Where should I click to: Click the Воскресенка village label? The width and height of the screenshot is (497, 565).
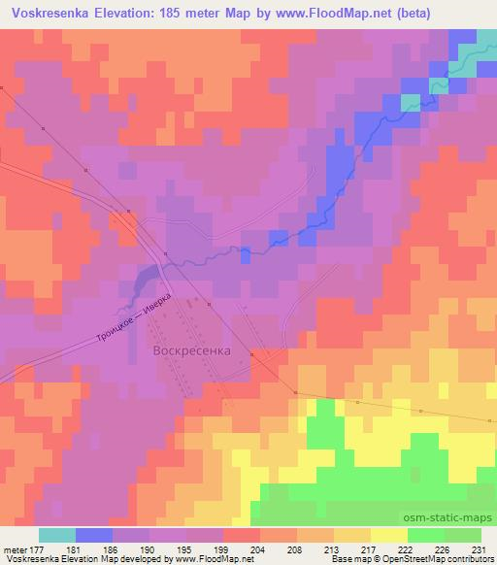click(192, 349)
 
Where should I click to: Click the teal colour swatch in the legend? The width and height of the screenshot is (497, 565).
click(57, 535)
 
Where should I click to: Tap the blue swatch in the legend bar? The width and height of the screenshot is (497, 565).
click(94, 535)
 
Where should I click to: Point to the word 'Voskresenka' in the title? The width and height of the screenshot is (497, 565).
click(49, 13)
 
